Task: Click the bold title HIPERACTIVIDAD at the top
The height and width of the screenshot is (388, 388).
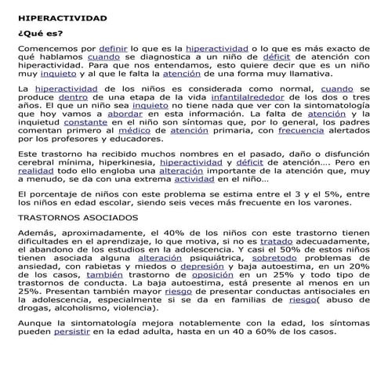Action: point(61,17)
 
